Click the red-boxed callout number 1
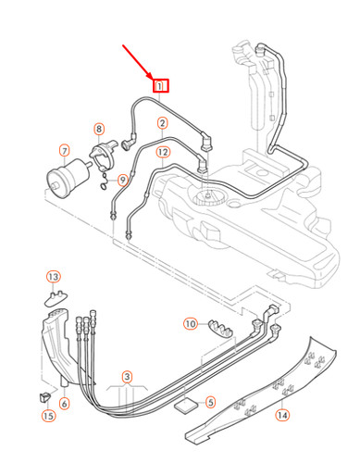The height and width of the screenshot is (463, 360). pyautogui.click(x=162, y=85)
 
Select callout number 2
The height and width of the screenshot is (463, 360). pyautogui.click(x=162, y=122)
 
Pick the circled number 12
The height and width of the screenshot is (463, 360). pyautogui.click(x=162, y=151)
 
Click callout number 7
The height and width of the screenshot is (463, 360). pyautogui.click(x=64, y=150)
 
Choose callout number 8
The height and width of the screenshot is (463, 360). pyautogui.click(x=99, y=129)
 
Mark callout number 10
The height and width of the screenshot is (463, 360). pyautogui.click(x=191, y=324)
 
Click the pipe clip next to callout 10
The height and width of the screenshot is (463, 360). pyautogui.click(x=220, y=326)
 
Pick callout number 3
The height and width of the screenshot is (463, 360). pyautogui.click(x=129, y=377)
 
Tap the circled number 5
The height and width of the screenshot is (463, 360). pyautogui.click(x=210, y=403)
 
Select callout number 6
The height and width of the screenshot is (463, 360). pyautogui.click(x=64, y=404)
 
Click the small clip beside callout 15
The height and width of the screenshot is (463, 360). pyautogui.click(x=43, y=396)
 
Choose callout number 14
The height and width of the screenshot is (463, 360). pyautogui.click(x=282, y=415)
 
